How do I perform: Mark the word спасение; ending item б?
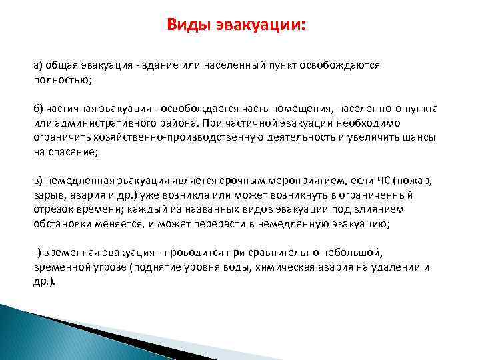(x=73, y=152)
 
